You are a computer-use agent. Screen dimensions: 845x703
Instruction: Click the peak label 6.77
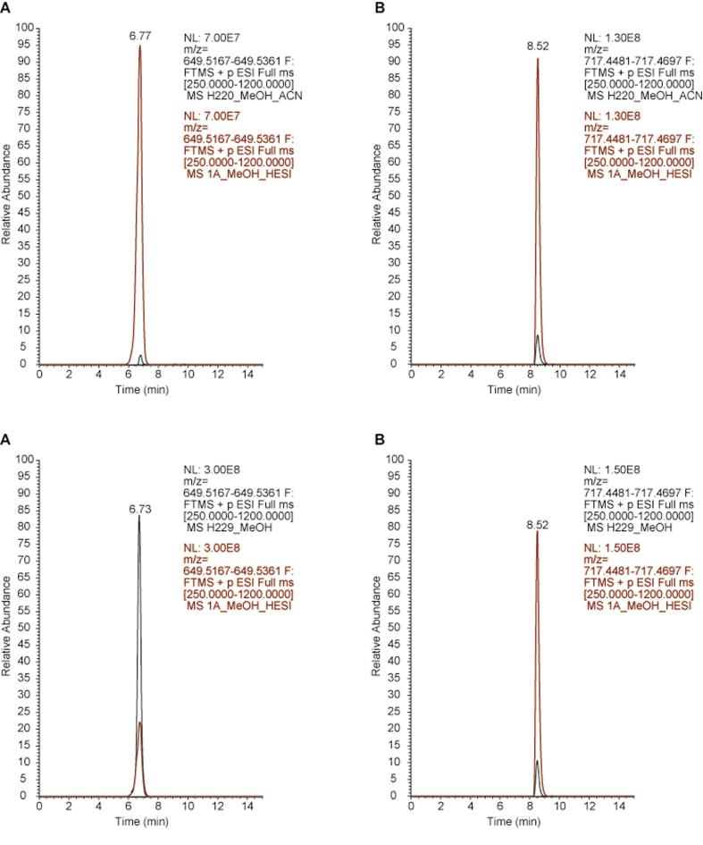coord(140,37)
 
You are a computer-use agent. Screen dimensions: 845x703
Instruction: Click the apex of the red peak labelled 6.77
coord(140,46)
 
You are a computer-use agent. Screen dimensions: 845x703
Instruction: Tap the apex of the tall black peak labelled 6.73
coord(139,516)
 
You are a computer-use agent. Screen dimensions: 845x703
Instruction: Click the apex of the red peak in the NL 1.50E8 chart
coord(538,532)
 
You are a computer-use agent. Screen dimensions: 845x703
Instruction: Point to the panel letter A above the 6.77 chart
coord(6,10)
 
